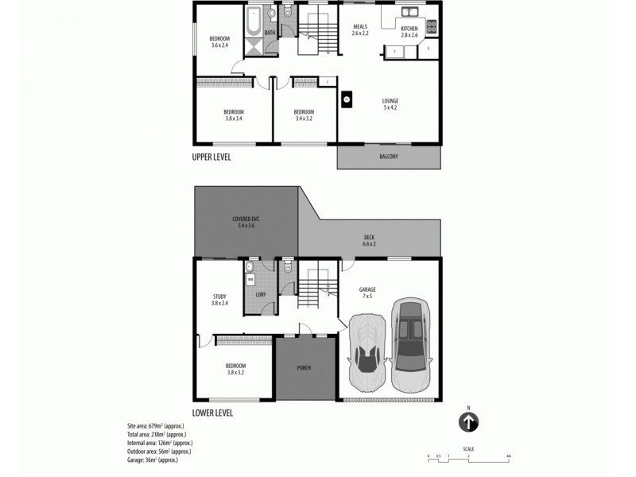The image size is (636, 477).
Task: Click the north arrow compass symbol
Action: pyautogui.click(x=469, y=421)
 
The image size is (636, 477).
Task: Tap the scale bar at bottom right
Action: pyautogui.click(x=468, y=456)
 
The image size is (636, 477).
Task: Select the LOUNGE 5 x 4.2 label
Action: pyautogui.click(x=390, y=103)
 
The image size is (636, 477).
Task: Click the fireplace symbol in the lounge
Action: pyautogui.click(x=347, y=99)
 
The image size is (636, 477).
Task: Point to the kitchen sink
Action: pyautogui.click(x=410, y=13)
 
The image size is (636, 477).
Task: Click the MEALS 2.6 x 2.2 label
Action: pyautogui.click(x=361, y=30)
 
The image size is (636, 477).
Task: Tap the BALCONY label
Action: pyautogui.click(x=388, y=157)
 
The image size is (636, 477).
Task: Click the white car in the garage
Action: pyautogui.click(x=367, y=353)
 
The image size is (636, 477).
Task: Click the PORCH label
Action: pyautogui.click(x=304, y=368)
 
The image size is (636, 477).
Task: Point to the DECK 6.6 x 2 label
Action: pyautogui.click(x=369, y=240)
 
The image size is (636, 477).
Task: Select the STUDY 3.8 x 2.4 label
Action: pyautogui.click(x=219, y=300)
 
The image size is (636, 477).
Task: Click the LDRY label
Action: pyautogui.click(x=260, y=296)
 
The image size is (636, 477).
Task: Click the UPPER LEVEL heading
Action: pyautogui.click(x=211, y=157)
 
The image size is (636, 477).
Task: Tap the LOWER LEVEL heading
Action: pyautogui.click(x=212, y=413)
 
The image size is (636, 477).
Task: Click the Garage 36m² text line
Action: pyautogui.click(x=152, y=460)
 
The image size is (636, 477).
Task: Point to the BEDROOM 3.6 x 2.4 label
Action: pyautogui.click(x=219, y=42)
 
